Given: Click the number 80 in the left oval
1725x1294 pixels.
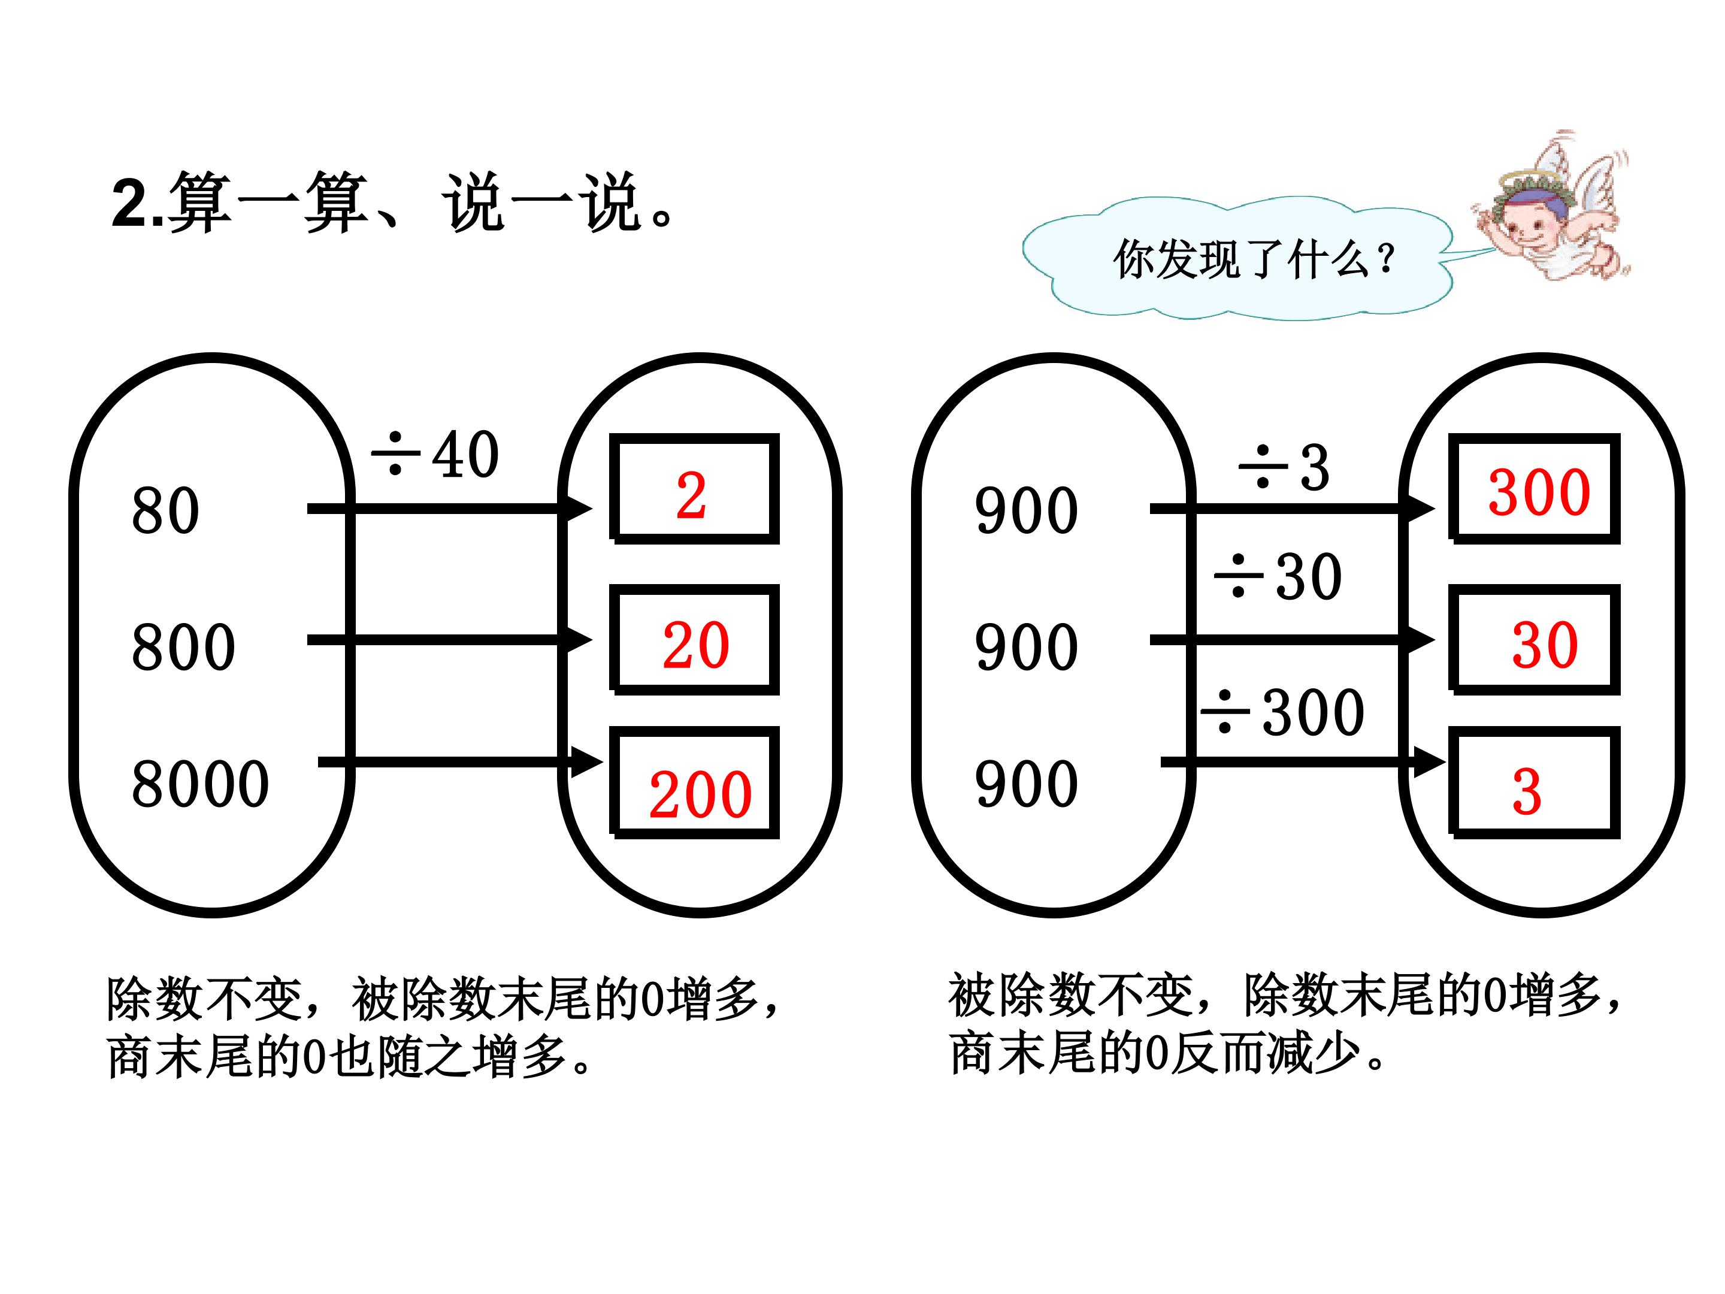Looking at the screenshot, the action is click(x=165, y=511).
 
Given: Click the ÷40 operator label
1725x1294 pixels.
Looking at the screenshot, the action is click(x=434, y=454).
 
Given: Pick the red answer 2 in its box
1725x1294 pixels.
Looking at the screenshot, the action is click(x=691, y=496).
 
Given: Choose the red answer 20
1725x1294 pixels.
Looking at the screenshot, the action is click(x=695, y=646).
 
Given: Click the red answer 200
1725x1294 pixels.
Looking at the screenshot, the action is click(x=700, y=795).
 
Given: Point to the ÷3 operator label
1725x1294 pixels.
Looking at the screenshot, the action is click(x=1284, y=467).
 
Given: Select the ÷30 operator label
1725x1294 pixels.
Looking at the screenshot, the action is click(x=1278, y=576).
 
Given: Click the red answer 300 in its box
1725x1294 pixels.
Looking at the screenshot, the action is click(x=1539, y=493).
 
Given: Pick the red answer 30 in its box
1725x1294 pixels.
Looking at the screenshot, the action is click(x=1545, y=646).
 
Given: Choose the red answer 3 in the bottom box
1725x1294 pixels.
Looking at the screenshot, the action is click(x=1526, y=793).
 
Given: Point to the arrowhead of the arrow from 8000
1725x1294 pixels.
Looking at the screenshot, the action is click(x=586, y=762).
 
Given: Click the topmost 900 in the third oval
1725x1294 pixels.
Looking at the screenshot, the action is click(x=1026, y=511).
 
